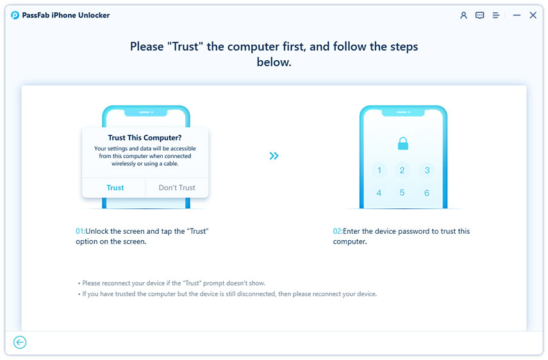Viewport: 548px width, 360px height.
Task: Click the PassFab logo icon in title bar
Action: (15, 15)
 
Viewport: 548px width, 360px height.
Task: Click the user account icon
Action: (463, 15)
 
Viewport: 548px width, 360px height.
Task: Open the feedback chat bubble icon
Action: (479, 15)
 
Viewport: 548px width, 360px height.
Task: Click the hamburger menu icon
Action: (495, 15)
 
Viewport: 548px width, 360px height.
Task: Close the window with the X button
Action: (533, 15)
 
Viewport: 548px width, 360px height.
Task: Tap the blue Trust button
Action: (115, 188)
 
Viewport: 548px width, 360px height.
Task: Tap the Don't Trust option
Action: (177, 188)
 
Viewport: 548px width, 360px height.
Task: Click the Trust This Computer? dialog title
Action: (145, 137)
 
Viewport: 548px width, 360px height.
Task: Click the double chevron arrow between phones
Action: (274, 156)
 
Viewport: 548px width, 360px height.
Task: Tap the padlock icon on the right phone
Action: (403, 144)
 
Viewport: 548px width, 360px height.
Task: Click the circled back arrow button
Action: (20, 343)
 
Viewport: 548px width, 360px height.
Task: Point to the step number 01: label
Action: (81, 231)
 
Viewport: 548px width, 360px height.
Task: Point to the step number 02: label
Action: (338, 231)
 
